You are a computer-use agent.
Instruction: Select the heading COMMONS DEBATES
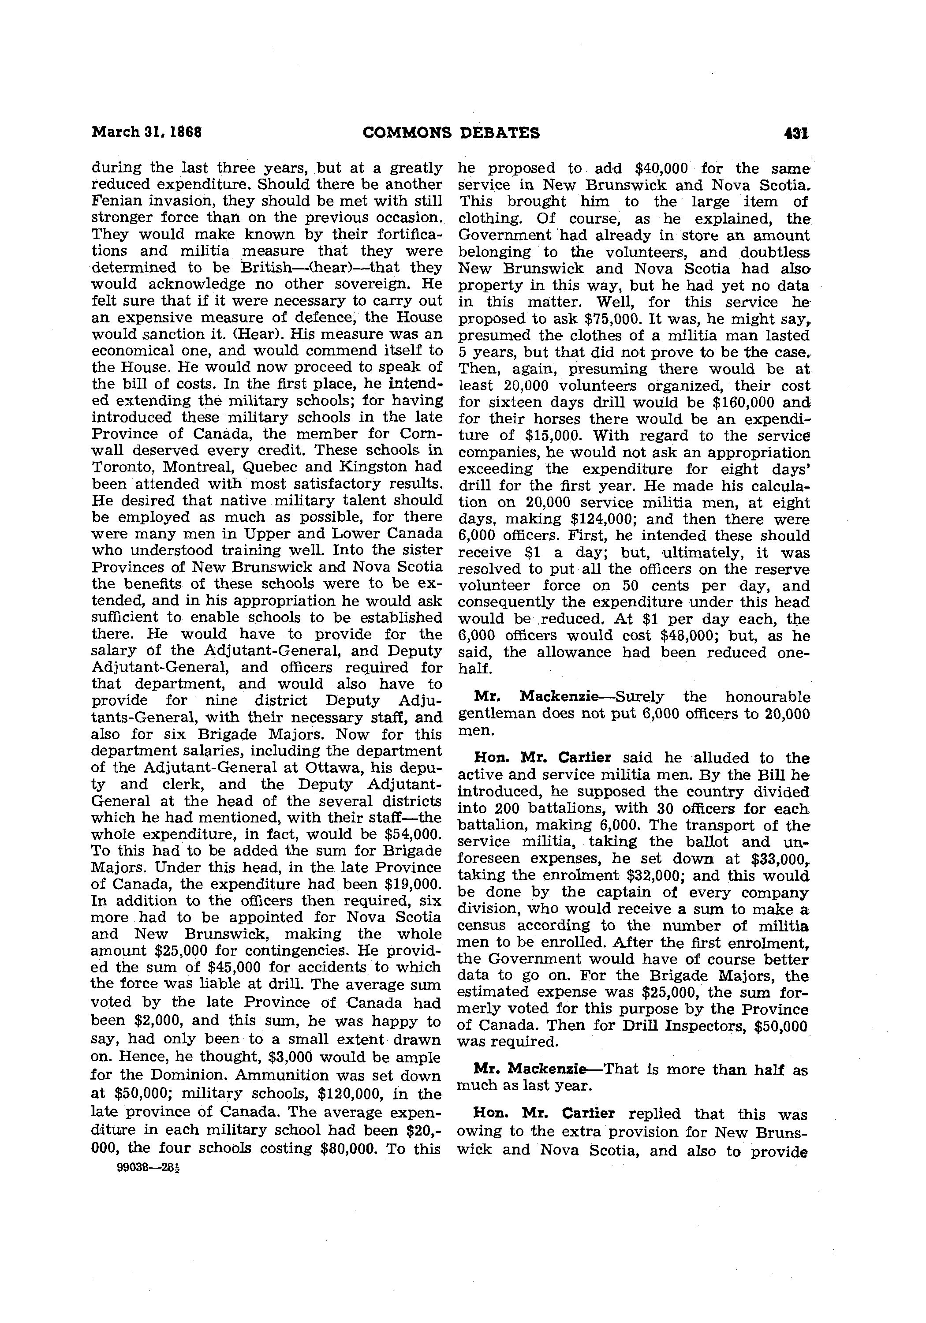click(451, 133)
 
